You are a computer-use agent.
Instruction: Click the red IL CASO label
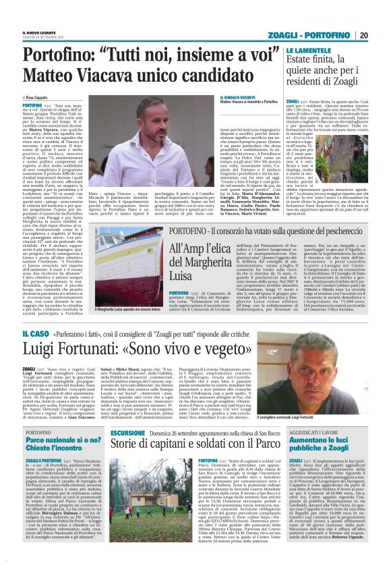click(34, 332)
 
